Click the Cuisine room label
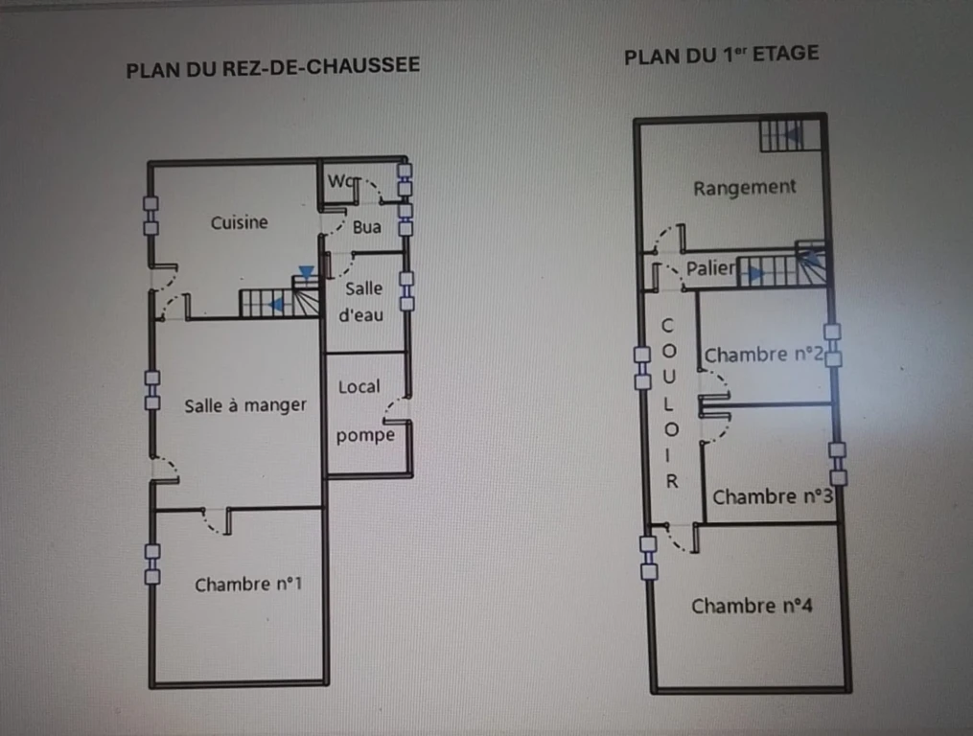point(239,222)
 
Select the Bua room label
point(367,227)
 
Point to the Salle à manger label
point(245,406)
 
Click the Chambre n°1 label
point(248,585)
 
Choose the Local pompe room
point(365,411)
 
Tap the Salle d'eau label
point(361,302)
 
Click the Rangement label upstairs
point(745,188)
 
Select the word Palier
point(710,268)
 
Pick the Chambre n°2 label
point(764,355)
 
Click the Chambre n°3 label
point(773,497)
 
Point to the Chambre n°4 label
point(753,607)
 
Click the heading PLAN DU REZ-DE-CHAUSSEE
point(273,67)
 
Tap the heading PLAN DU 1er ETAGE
point(722,56)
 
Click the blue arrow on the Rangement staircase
point(792,134)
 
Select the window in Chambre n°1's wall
point(152,564)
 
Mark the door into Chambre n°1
point(218,520)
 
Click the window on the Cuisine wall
point(151,216)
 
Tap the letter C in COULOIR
point(667,325)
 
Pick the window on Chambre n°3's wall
point(838,464)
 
